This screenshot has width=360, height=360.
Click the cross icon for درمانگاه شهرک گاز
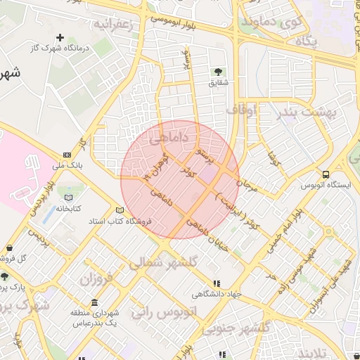point(60,37)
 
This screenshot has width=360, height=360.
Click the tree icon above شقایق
point(218,72)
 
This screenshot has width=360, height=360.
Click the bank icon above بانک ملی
point(67,155)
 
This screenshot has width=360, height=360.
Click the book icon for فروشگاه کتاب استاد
point(120,210)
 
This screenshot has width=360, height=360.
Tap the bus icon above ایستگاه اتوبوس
point(325,174)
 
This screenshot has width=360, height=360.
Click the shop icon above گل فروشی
point(10,248)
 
